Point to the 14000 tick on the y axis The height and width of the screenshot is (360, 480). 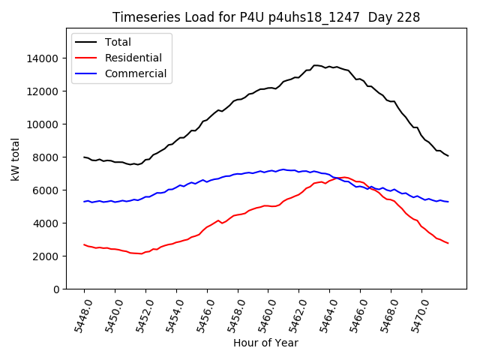coord(43,58)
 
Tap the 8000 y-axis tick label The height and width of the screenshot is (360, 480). coord(46,157)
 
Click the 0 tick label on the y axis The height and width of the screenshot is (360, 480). coord(55,289)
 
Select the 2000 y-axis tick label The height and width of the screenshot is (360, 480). coord(46,256)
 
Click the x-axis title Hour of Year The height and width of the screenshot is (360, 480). coord(265,343)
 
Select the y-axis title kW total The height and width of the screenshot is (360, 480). coord(15,159)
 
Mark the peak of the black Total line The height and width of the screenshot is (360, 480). coord(316,65)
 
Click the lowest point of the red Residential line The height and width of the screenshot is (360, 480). coord(140,253)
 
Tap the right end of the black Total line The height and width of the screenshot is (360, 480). coord(448,155)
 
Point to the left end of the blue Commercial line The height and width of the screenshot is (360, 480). coord(84,201)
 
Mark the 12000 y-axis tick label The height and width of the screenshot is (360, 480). coord(43,91)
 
